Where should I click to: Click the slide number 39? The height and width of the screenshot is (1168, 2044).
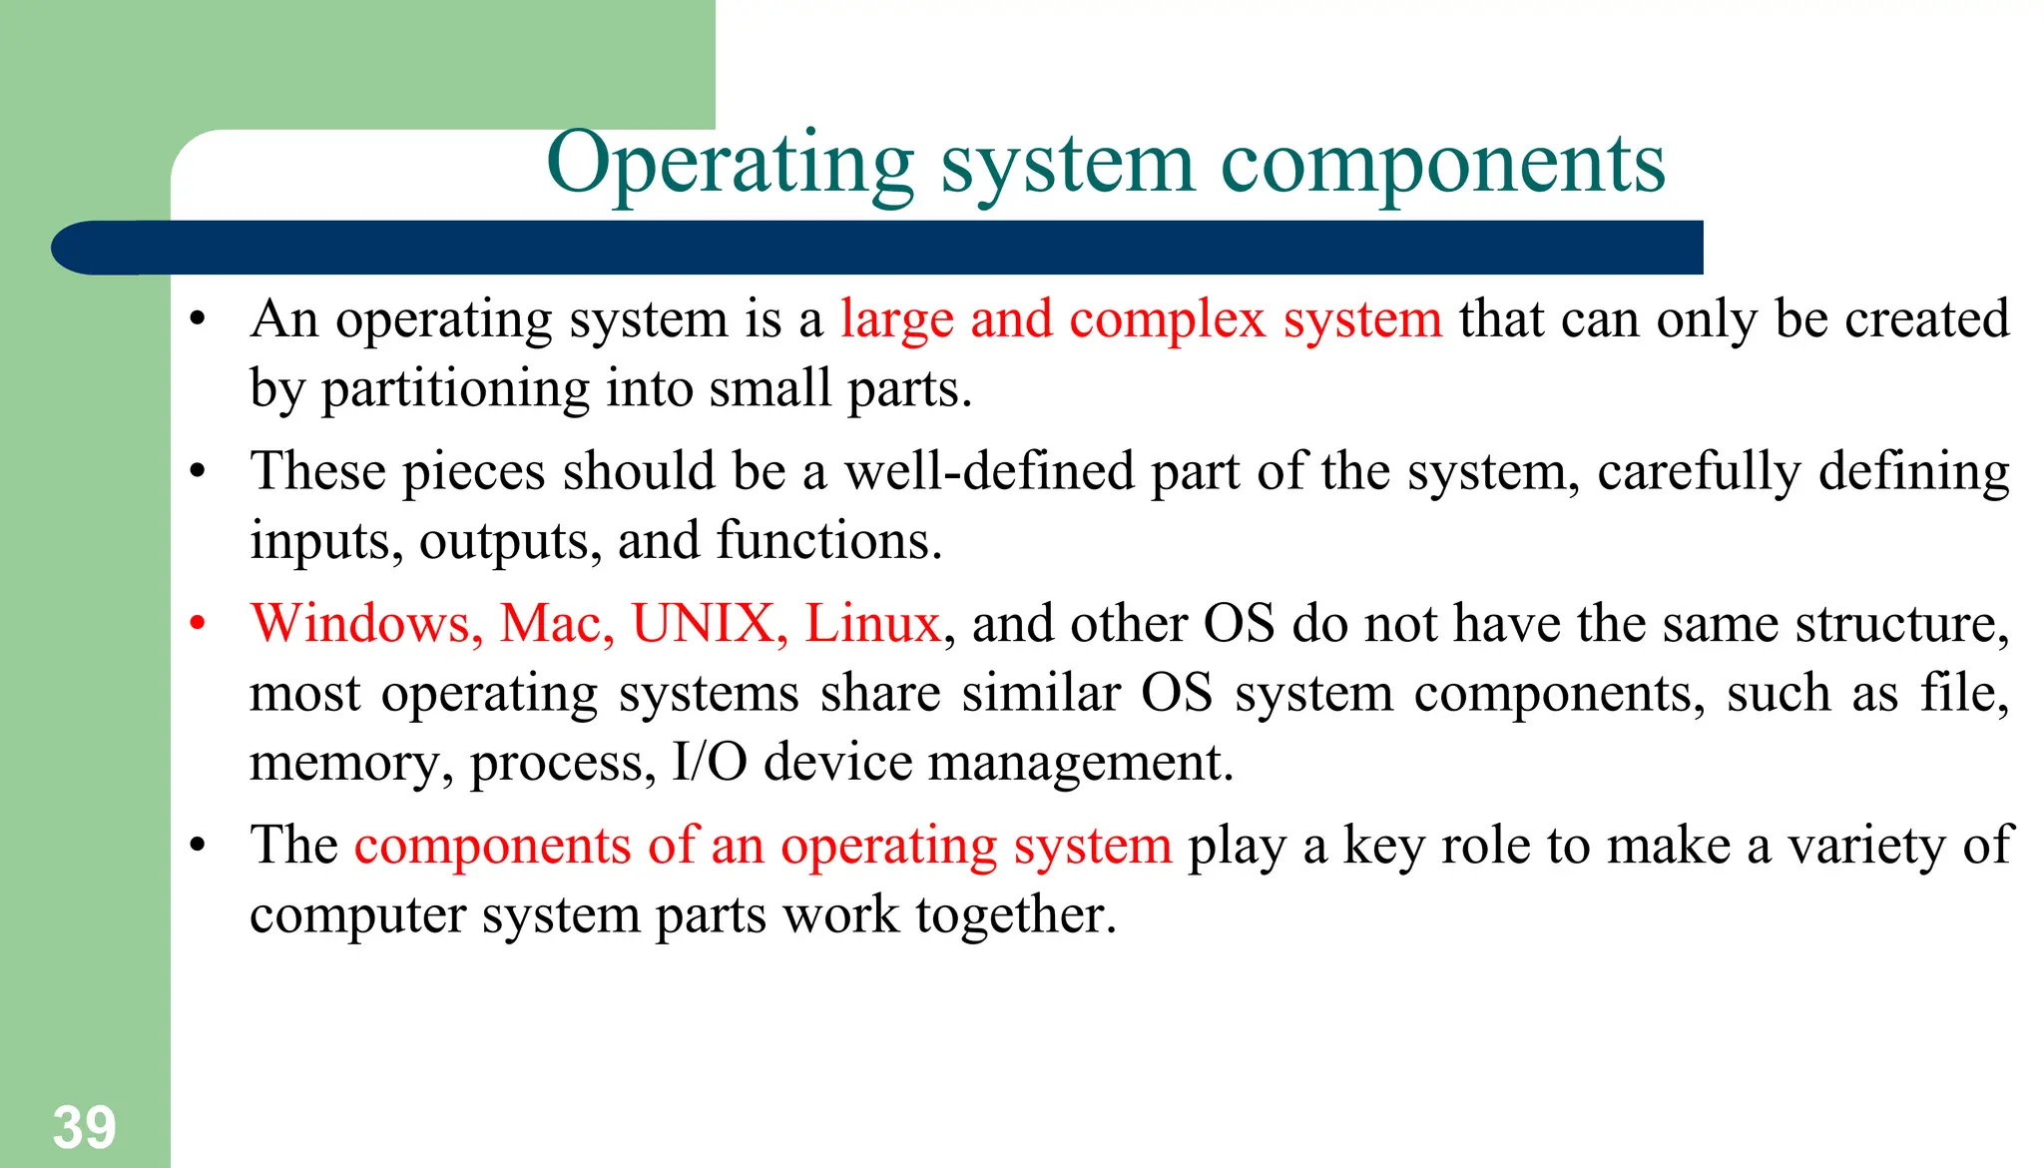[85, 1128]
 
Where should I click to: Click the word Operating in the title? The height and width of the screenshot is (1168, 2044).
[730, 164]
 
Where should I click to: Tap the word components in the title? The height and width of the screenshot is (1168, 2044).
[1442, 164]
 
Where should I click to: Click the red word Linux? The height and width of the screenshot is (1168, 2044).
[872, 624]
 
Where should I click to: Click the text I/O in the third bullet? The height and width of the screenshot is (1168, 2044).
[710, 763]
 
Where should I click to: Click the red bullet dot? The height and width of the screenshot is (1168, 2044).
[198, 624]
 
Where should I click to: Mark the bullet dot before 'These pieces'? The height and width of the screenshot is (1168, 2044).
[198, 471]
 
